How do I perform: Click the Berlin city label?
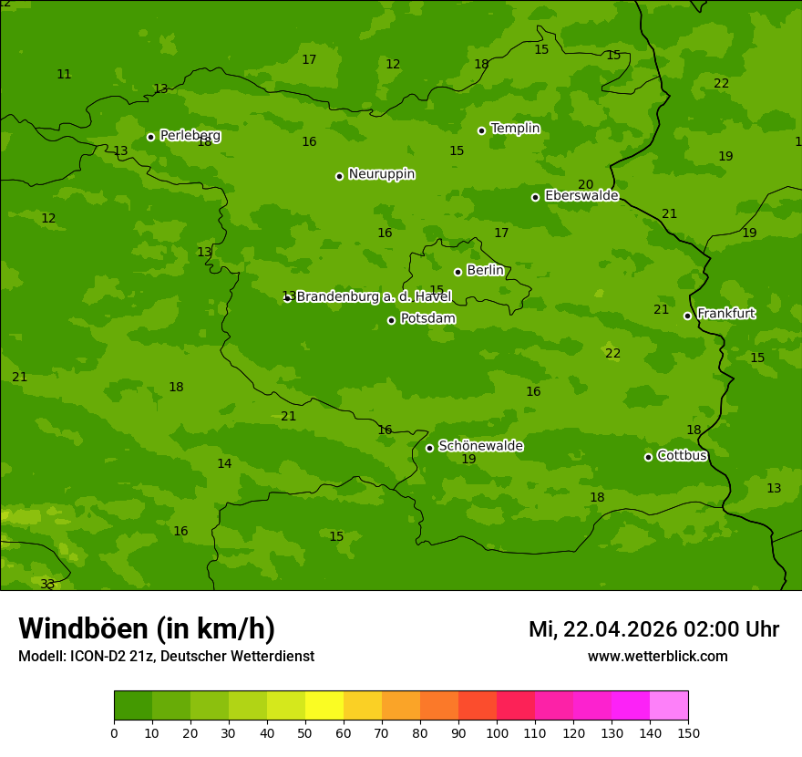[x=485, y=271]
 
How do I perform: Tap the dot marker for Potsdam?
[x=392, y=320]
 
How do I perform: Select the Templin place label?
[x=515, y=129]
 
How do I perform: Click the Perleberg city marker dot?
[x=150, y=137]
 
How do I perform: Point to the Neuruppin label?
[x=381, y=174]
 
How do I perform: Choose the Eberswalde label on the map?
[x=581, y=196]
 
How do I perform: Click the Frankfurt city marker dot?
[x=687, y=316]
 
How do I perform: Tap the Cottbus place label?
[x=682, y=455]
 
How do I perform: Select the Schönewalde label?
[x=480, y=446]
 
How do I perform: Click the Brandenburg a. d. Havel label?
[x=374, y=297]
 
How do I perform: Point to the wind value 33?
[x=47, y=584]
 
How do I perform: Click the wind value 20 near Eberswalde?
[x=585, y=184]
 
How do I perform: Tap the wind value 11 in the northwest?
[x=64, y=74]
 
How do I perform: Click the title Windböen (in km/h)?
[x=147, y=628]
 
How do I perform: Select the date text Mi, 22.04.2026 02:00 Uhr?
[x=653, y=629]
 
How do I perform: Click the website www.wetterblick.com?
[x=657, y=657]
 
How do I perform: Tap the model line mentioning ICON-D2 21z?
[x=166, y=657]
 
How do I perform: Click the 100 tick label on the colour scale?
[x=497, y=732]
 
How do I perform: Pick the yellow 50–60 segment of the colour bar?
[x=324, y=706]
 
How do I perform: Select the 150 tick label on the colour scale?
[x=688, y=732]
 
